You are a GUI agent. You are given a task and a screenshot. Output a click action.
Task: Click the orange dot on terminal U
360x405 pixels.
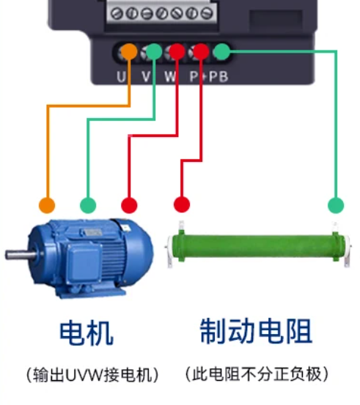(x=129, y=51)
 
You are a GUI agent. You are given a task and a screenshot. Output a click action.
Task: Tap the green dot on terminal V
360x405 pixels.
(x=154, y=51)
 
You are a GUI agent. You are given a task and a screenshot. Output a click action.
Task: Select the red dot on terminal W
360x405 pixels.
(x=177, y=51)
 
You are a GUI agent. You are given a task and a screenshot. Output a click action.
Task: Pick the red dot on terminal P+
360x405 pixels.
(x=201, y=51)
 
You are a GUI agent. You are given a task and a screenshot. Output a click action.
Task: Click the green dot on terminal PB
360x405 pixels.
(x=222, y=51)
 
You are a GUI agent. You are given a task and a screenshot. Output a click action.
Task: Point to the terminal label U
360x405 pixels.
(x=121, y=77)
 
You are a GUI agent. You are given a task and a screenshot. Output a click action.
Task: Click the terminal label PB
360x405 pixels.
(x=218, y=77)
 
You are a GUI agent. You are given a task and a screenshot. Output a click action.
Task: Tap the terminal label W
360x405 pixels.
(x=170, y=77)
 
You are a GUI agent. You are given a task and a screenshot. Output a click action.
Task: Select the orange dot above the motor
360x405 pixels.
(x=47, y=205)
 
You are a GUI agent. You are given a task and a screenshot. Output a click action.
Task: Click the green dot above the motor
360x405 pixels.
(x=88, y=205)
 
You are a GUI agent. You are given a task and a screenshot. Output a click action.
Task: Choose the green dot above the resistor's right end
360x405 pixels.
(x=336, y=205)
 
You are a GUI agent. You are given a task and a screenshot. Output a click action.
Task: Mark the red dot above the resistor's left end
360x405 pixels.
(x=182, y=204)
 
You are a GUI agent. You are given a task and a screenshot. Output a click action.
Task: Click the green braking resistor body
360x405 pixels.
(x=259, y=248)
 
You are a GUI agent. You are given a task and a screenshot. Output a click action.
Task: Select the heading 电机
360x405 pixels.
(x=87, y=333)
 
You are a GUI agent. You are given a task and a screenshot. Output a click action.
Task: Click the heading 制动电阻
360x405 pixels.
(x=256, y=331)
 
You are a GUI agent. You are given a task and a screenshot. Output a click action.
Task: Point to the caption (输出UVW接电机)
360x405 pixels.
(x=92, y=375)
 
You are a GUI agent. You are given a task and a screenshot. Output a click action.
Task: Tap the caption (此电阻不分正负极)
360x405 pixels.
(x=257, y=374)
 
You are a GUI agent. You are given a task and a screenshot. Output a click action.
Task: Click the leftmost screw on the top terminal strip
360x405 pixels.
(x=117, y=13)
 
